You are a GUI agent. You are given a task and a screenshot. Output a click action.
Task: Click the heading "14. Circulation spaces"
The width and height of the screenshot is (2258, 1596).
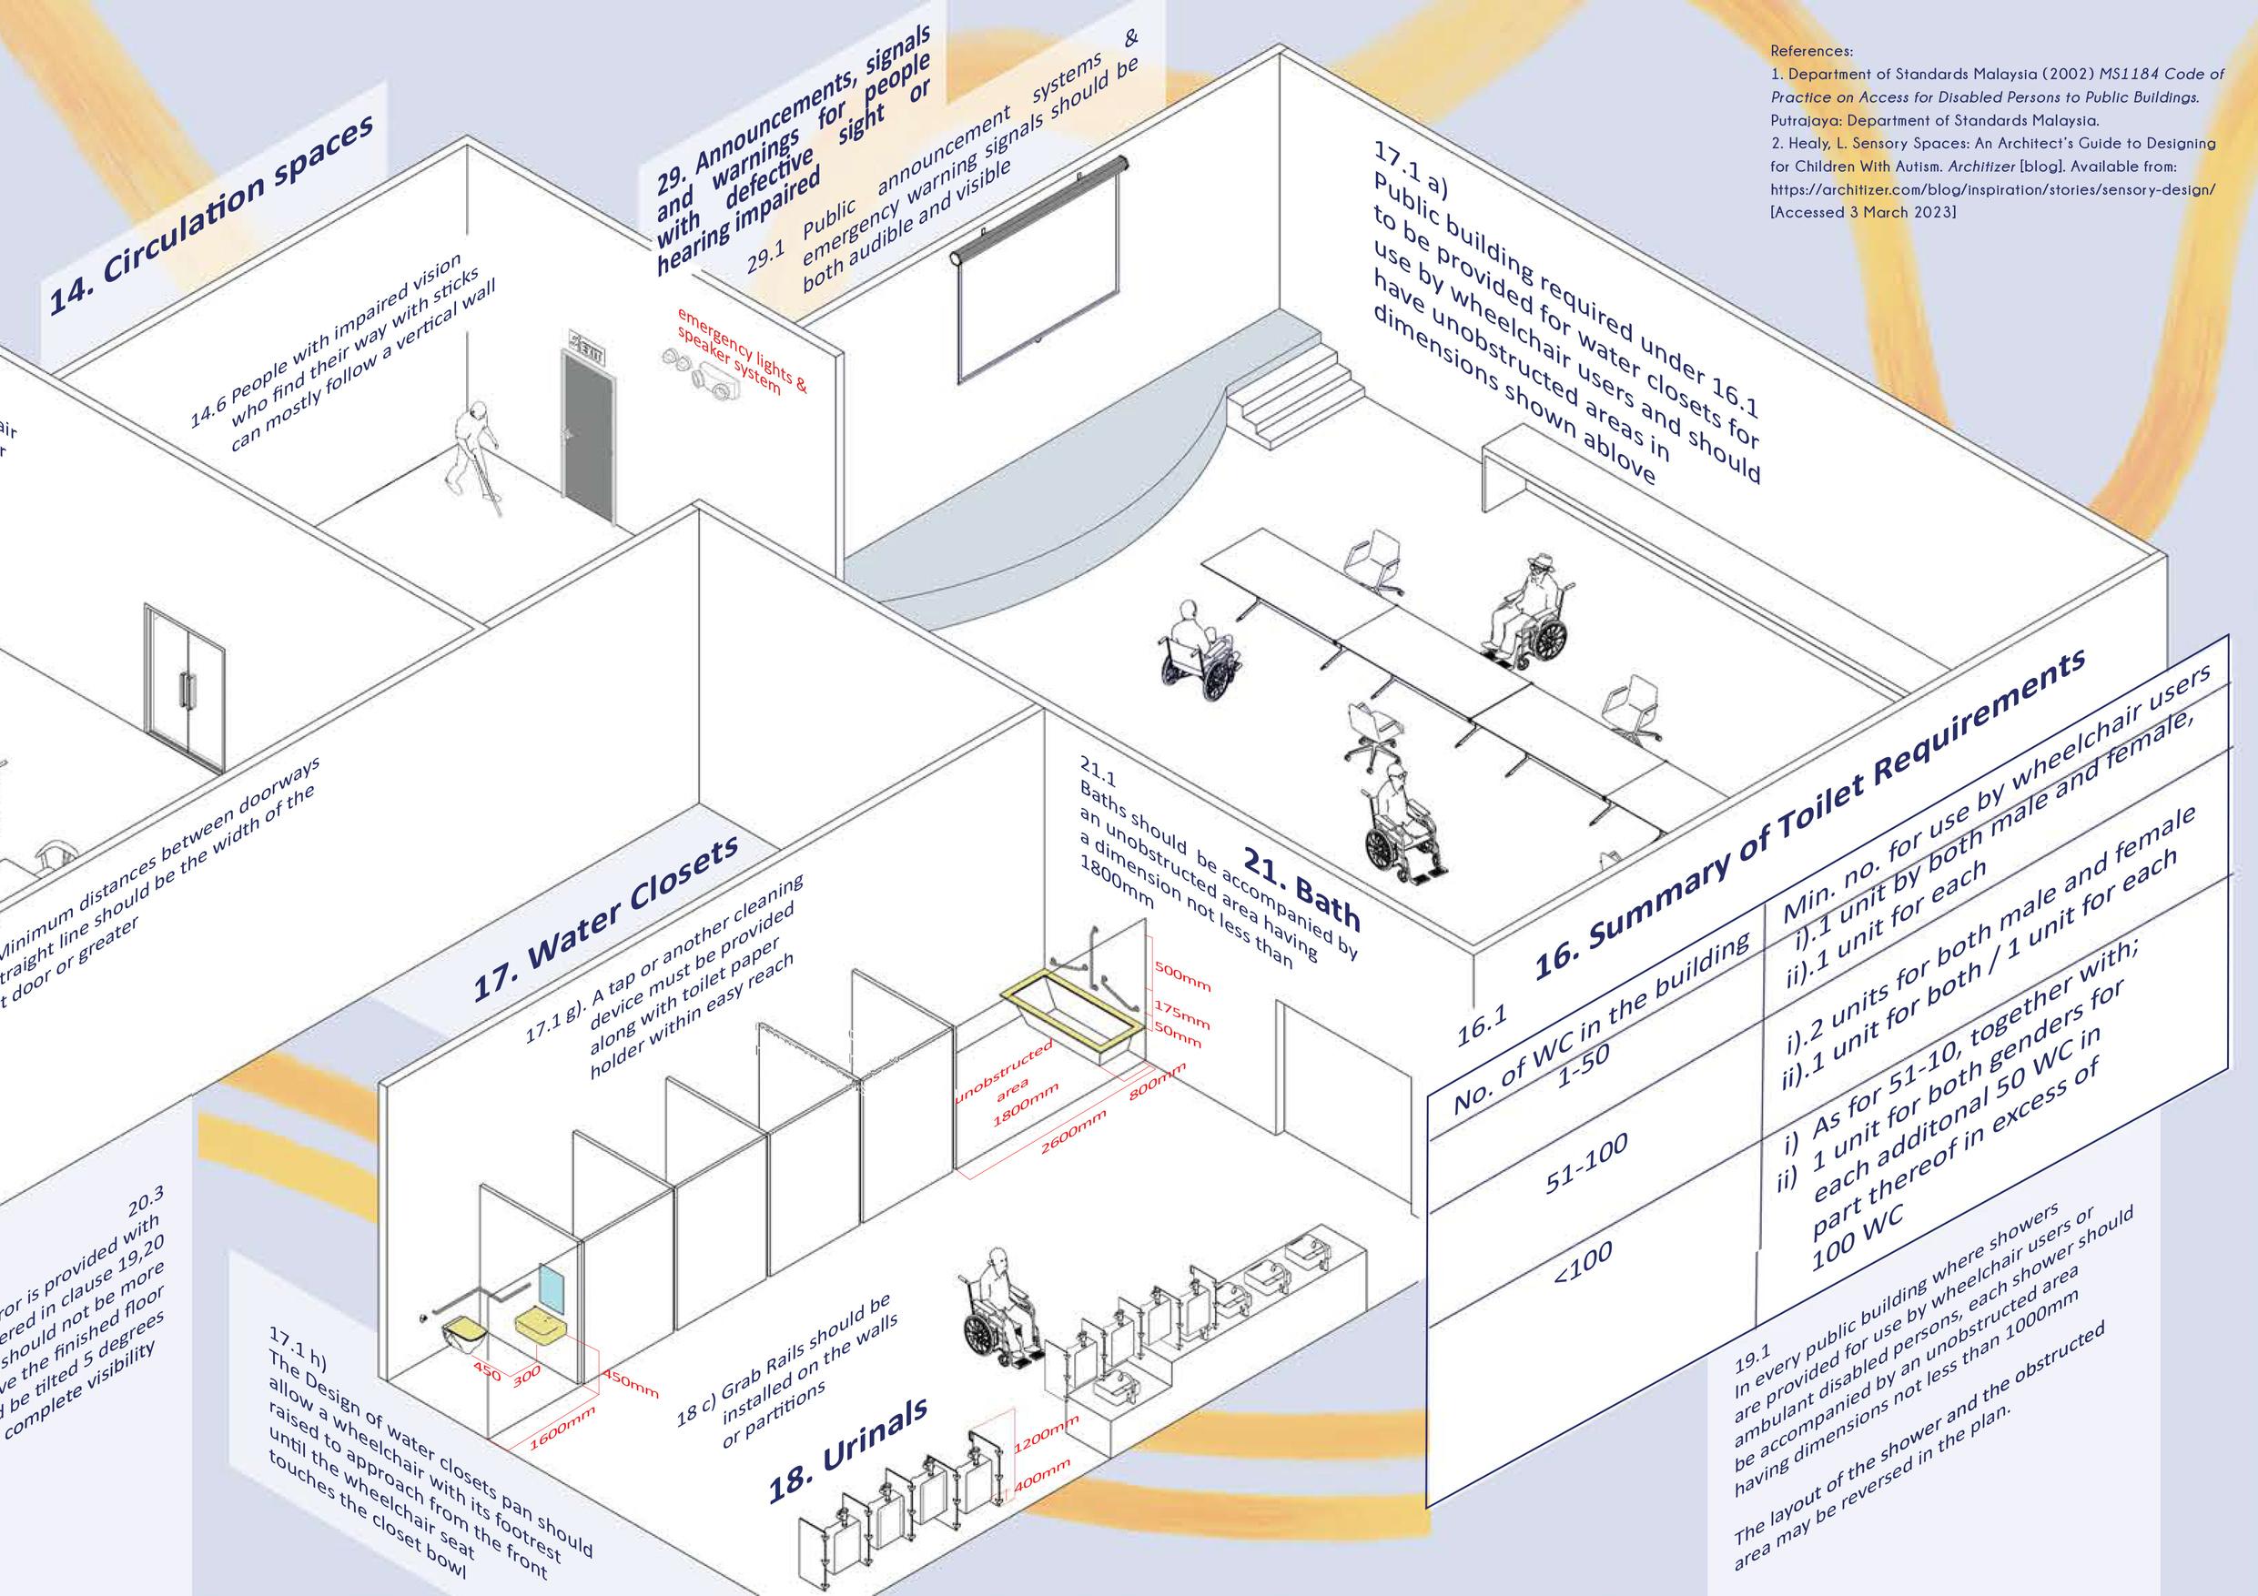(x=212, y=214)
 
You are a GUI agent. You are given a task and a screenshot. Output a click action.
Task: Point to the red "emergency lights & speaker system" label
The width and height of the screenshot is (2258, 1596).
(x=740, y=351)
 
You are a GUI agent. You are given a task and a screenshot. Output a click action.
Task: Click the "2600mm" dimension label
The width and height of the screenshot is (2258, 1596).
(x=1074, y=1136)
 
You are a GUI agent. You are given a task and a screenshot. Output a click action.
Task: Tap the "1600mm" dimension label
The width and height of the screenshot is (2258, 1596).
(x=562, y=1427)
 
